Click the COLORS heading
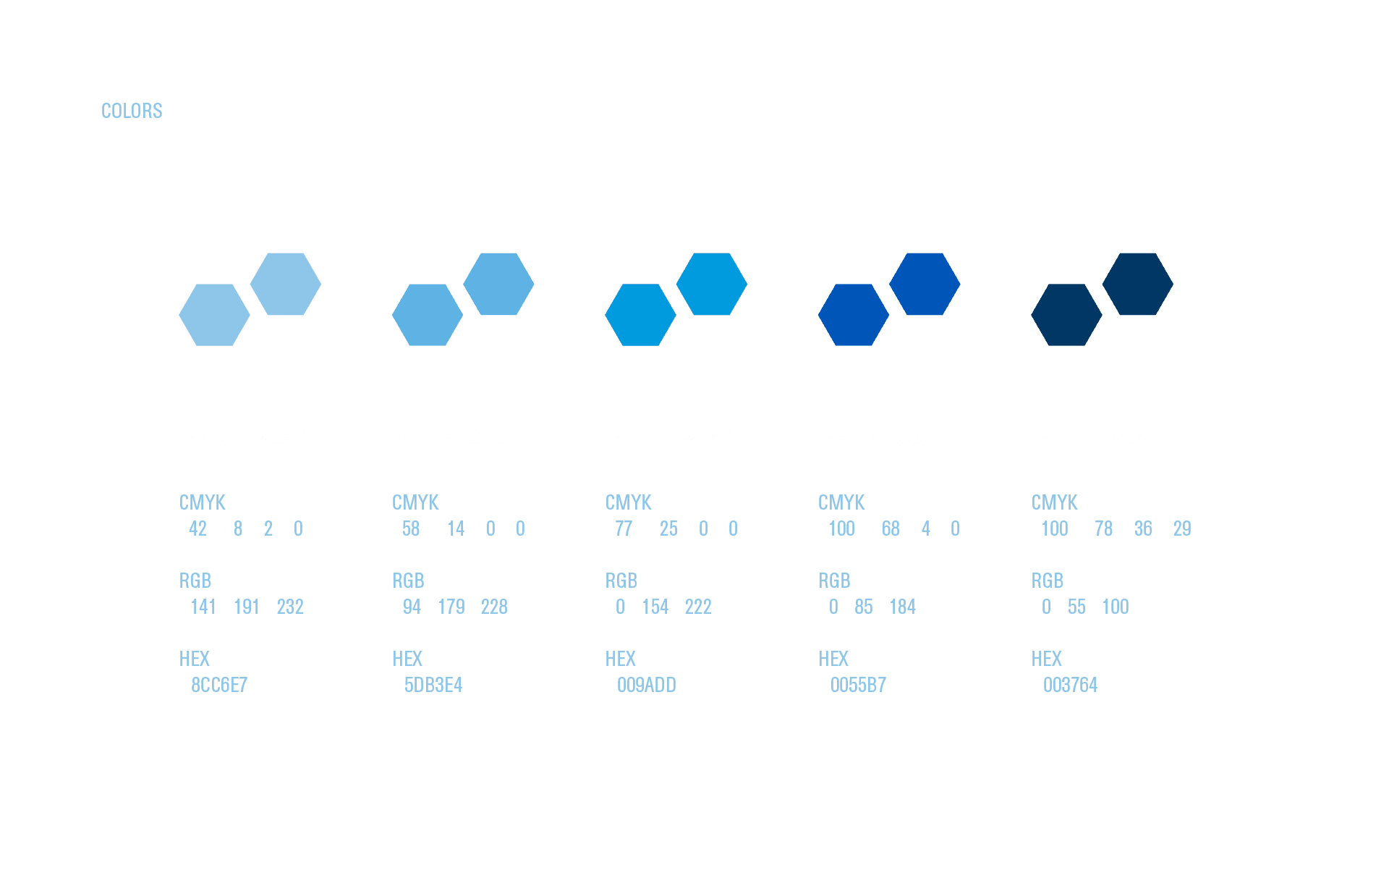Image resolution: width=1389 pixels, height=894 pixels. click(x=132, y=111)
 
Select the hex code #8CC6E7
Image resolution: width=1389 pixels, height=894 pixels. click(x=213, y=685)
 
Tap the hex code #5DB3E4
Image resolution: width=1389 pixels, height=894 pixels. click(x=427, y=685)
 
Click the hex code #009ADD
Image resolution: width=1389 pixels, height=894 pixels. click(x=640, y=685)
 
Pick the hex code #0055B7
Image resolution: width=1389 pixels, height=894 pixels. click(x=852, y=685)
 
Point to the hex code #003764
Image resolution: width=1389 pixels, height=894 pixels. click(x=1064, y=685)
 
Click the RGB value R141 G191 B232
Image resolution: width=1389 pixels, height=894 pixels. click(x=241, y=607)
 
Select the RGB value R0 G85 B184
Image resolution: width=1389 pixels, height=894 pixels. click(x=867, y=607)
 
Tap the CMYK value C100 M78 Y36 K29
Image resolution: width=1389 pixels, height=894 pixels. click(x=1110, y=528)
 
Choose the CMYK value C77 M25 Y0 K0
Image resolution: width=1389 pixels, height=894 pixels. click(x=671, y=528)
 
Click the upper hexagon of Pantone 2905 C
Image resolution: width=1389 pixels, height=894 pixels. click(x=286, y=284)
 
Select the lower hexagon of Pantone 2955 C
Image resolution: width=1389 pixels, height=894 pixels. click(x=1066, y=315)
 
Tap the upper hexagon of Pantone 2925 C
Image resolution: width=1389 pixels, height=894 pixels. click(x=712, y=284)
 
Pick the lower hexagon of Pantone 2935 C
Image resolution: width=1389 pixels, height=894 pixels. click(x=854, y=315)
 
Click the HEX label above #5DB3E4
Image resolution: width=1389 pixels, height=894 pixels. click(x=407, y=659)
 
